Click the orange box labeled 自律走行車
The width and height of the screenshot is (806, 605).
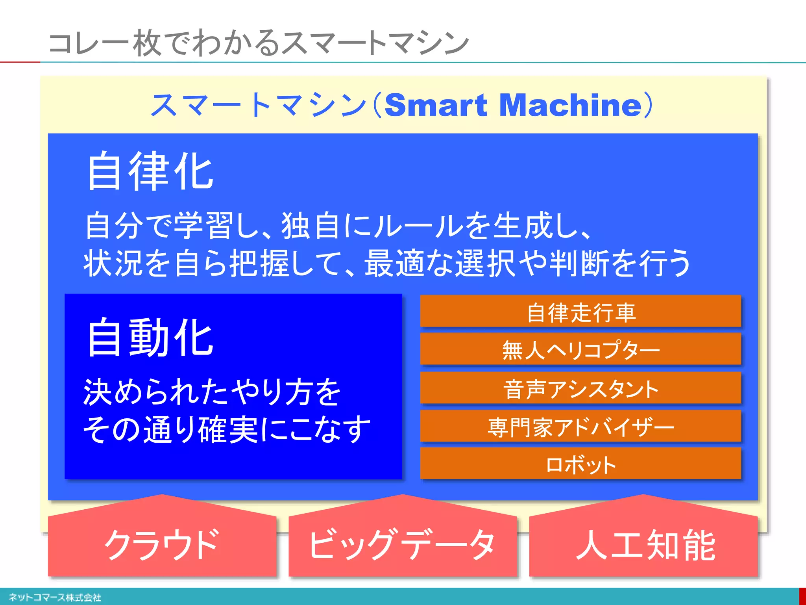click(x=580, y=311)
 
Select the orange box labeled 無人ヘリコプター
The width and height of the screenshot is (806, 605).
click(x=580, y=349)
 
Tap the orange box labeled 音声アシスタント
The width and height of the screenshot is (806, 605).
click(x=580, y=388)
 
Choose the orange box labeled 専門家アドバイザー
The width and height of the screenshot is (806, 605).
click(x=580, y=426)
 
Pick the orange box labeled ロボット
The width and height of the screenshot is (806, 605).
click(x=580, y=464)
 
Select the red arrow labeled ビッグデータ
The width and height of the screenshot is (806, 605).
click(x=402, y=544)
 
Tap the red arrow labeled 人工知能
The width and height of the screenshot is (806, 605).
click(x=643, y=544)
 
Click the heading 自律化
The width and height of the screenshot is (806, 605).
click(x=150, y=171)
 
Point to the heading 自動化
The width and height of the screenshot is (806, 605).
click(x=150, y=338)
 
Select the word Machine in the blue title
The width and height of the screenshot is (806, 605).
click(x=571, y=105)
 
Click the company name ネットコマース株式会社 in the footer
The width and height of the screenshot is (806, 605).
click(x=55, y=598)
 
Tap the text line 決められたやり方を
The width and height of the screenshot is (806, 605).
click(x=212, y=392)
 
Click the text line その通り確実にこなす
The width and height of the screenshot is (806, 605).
click(x=227, y=429)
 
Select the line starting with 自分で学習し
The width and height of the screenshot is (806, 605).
click(x=338, y=226)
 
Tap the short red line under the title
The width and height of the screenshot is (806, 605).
click(x=20, y=62)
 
